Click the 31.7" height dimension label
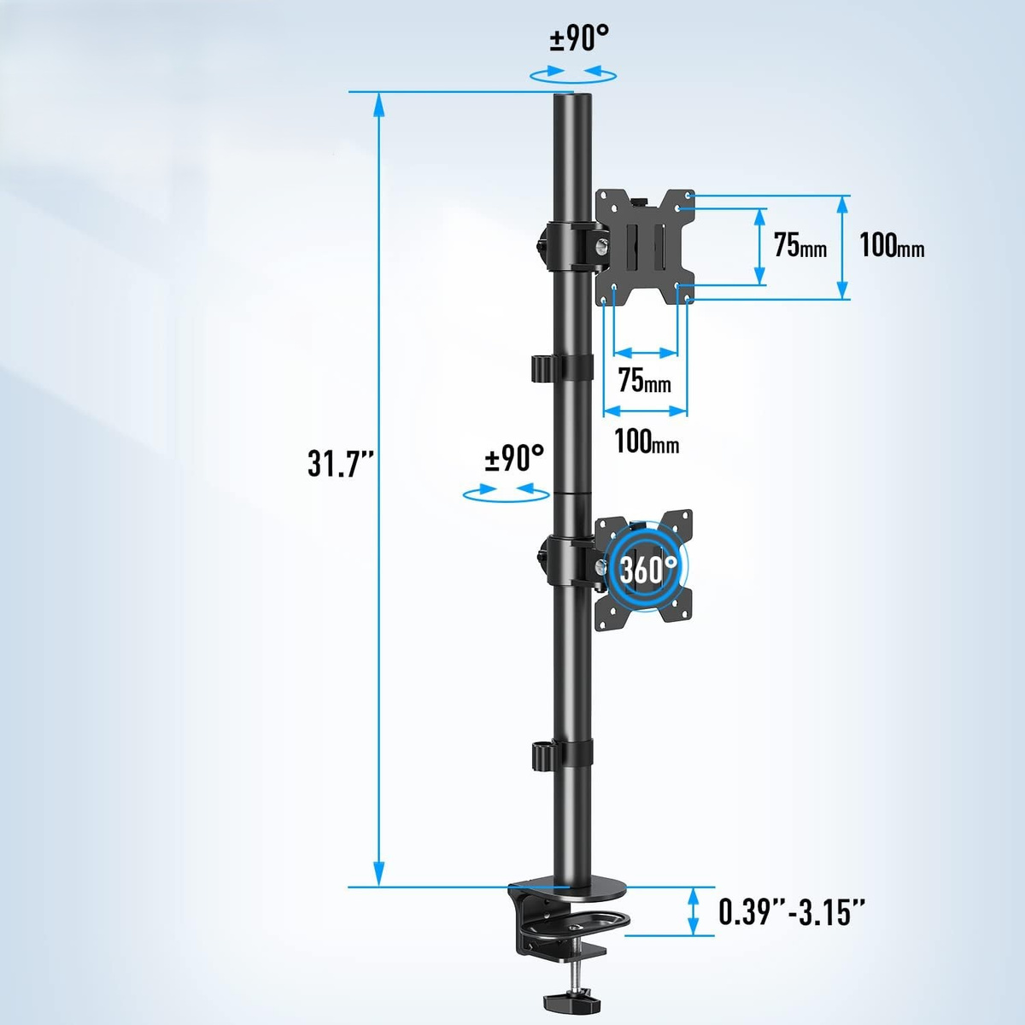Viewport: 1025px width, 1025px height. point(341,462)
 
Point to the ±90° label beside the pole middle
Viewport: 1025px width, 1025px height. point(514,458)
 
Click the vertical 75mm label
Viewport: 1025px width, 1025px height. point(800,245)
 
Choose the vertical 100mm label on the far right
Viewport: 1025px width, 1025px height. point(892,245)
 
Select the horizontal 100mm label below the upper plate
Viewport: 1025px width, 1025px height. point(647,441)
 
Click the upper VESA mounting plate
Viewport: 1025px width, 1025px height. point(645,248)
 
